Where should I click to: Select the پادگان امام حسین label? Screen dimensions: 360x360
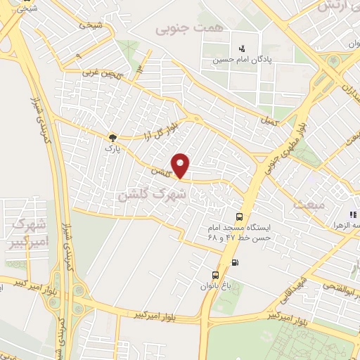click(243, 60)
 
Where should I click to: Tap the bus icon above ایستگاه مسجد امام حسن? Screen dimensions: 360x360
click(240, 217)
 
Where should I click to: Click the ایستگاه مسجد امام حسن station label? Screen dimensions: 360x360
click(239, 233)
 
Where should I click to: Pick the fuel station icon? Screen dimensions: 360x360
click(234, 264)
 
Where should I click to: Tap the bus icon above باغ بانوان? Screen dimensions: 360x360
click(214, 274)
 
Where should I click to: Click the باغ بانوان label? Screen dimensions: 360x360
click(214, 285)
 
